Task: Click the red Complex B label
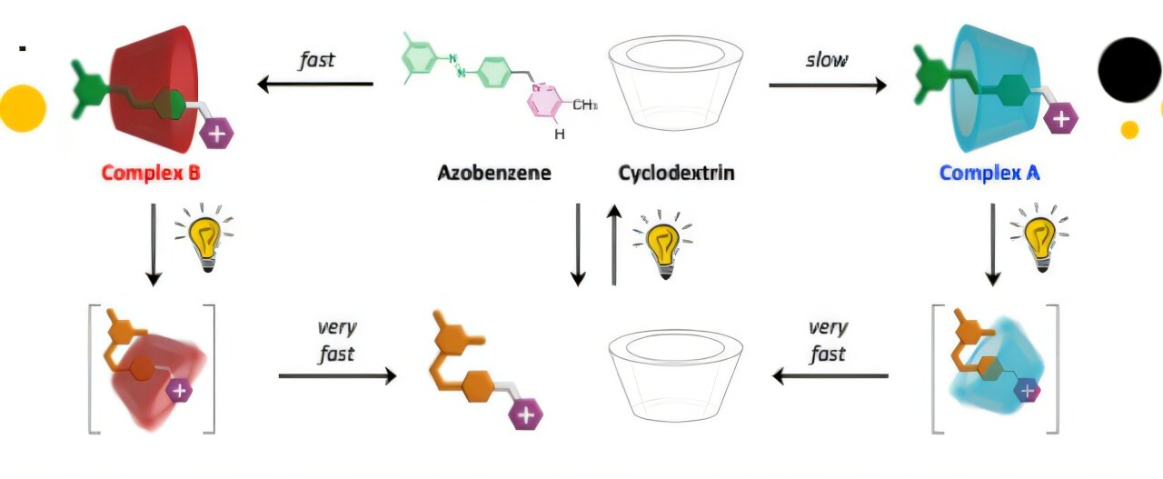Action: tap(150, 172)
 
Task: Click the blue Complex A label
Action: tap(989, 172)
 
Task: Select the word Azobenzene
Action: tap(494, 172)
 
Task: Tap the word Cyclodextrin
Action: tap(676, 172)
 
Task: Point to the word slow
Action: tap(827, 60)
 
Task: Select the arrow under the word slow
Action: tap(827, 85)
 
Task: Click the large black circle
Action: tap(1129, 70)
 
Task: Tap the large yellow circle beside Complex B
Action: tap(22, 108)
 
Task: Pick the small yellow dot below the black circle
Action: tap(1129, 129)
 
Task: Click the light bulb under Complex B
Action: tap(207, 238)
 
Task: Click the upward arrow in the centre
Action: tap(614, 244)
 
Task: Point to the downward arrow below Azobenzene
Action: tap(578, 244)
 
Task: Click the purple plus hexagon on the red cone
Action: tap(216, 135)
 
